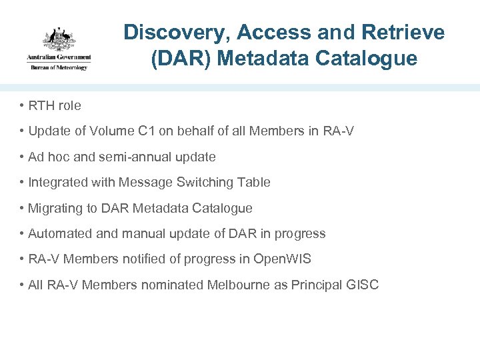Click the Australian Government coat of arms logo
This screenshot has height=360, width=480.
59,39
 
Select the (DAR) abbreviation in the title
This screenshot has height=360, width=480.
181,59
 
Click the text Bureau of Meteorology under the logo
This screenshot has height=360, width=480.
59,67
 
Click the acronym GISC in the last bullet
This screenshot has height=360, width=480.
363,285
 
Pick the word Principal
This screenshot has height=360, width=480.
317,285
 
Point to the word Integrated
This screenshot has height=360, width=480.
58,183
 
